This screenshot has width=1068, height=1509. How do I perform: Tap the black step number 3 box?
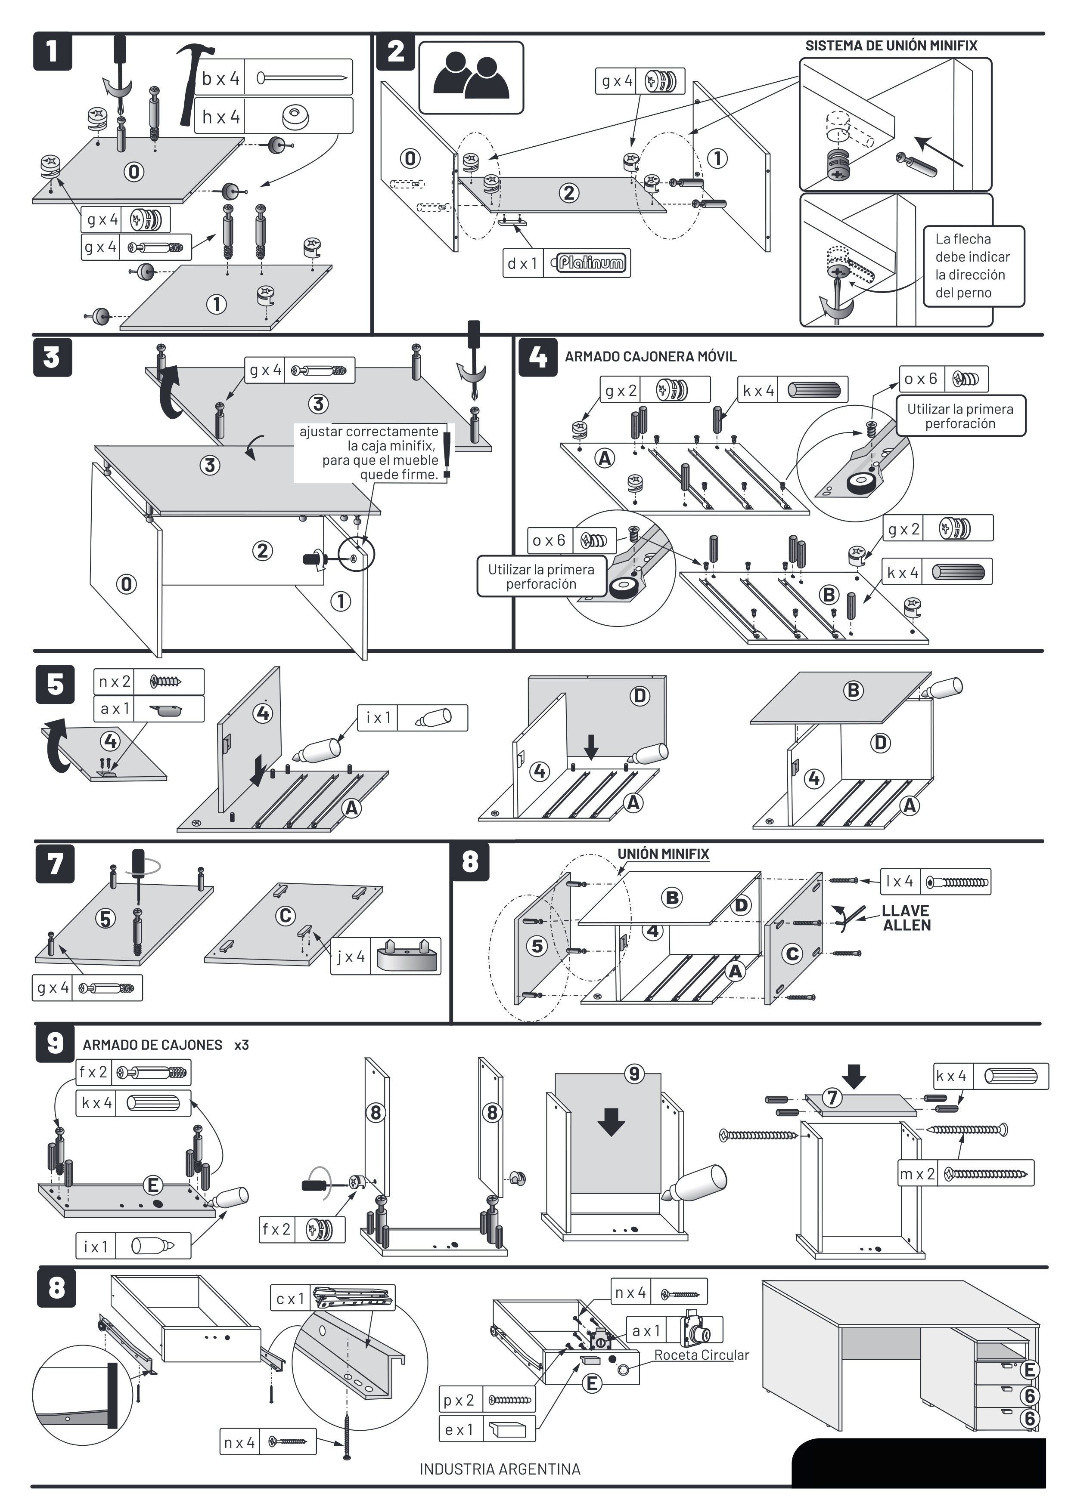coord(52,358)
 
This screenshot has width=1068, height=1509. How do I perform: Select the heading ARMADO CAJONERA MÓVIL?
coord(650,357)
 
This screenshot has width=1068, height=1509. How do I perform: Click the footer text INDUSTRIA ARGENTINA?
coord(500,1469)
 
